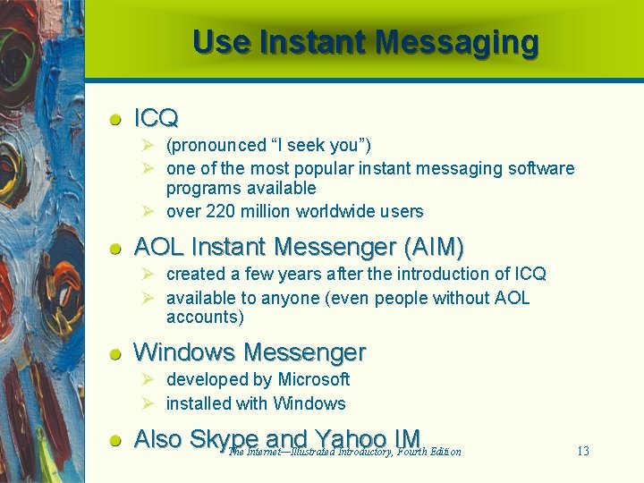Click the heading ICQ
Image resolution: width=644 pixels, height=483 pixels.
click(x=156, y=117)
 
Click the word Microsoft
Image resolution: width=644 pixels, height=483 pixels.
click(x=314, y=379)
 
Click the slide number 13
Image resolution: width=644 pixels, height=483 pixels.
click(x=582, y=451)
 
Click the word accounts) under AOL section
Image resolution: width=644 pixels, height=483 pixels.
click(x=205, y=318)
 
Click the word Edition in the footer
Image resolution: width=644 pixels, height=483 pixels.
click(x=445, y=452)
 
